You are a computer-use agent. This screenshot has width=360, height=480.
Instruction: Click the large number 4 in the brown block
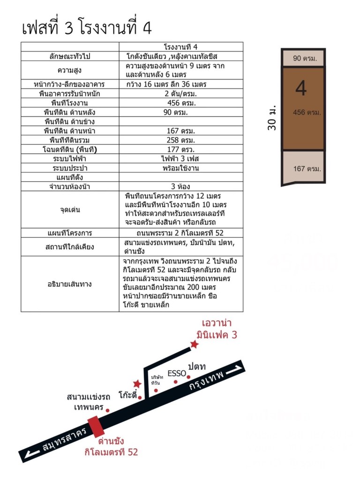[301, 88]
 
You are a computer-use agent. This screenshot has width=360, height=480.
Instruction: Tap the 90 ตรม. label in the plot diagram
[305, 59]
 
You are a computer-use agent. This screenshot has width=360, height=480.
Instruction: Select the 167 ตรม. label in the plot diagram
[307, 169]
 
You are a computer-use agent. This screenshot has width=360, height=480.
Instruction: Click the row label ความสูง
[70, 70]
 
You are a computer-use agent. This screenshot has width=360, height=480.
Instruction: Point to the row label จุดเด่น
[70, 210]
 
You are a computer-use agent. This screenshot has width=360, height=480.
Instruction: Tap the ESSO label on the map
[177, 374]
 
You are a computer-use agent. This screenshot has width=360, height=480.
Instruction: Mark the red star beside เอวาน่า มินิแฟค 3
[194, 345]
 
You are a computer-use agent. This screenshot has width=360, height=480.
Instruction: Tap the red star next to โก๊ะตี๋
[137, 383]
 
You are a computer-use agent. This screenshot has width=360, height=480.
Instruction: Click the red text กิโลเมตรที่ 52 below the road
[111, 452]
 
